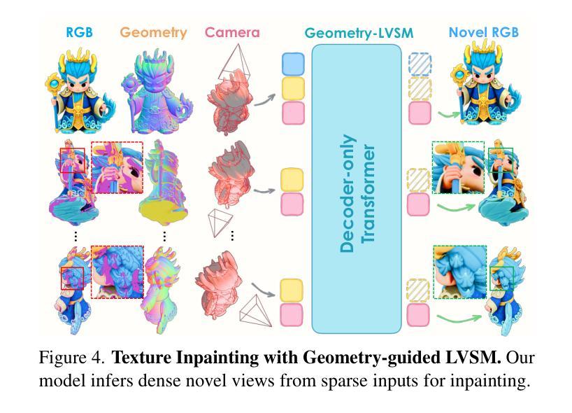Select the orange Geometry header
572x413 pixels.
click(153, 32)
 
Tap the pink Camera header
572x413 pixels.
click(232, 32)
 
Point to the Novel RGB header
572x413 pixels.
click(482, 32)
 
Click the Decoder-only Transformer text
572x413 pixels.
click(357, 192)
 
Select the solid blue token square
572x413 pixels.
click(292, 64)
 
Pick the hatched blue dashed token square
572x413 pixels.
click(420, 64)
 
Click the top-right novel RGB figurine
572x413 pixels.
click(482, 87)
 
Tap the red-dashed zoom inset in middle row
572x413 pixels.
click(117, 168)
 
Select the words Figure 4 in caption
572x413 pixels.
click(71, 358)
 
